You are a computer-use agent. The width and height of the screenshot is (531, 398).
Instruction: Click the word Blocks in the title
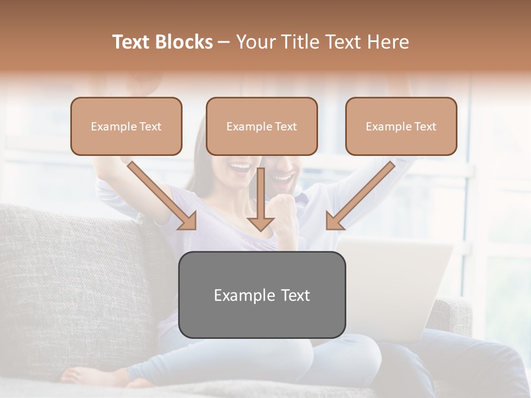(185, 42)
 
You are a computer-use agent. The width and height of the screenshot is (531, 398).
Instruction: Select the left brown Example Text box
(126, 127)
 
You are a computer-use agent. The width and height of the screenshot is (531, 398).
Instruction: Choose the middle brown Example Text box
(262, 127)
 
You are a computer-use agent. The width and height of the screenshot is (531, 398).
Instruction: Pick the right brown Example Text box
(401, 127)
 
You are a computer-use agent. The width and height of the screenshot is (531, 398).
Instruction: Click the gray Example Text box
(262, 295)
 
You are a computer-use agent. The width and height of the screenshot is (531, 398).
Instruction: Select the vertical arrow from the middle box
(261, 199)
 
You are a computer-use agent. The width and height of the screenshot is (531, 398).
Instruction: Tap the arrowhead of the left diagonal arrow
(188, 222)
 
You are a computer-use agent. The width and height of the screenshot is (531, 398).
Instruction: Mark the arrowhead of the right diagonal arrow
(334, 222)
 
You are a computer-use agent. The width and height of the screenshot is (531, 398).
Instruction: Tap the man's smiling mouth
(283, 177)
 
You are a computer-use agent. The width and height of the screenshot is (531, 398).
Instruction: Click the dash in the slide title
(224, 42)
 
